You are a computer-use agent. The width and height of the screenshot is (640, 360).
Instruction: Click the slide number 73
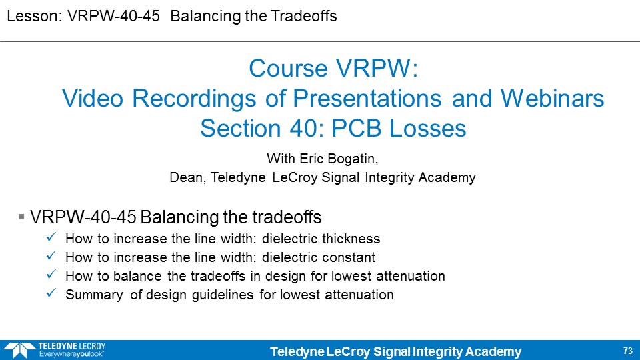click(x=628, y=351)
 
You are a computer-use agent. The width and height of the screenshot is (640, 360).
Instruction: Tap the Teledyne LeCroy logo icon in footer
click(x=19, y=351)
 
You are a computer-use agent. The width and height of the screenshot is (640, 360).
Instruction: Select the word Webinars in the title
click(x=552, y=99)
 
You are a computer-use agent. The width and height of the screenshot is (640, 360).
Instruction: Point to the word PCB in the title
click(x=356, y=128)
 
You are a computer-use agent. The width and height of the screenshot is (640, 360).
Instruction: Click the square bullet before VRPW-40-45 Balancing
click(x=21, y=217)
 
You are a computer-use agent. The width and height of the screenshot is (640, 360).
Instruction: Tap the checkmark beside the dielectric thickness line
click(x=51, y=237)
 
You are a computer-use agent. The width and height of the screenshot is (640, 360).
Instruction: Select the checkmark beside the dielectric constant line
click(x=51, y=256)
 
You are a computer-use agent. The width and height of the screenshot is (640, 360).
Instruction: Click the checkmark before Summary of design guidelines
click(x=51, y=293)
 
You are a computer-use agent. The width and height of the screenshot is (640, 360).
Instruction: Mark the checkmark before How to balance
click(x=51, y=275)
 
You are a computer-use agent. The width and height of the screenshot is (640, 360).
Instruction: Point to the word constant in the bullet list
click(x=347, y=257)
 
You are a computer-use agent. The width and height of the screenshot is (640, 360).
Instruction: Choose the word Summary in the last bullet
click(x=94, y=295)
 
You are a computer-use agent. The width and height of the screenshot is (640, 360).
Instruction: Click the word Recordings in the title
click(x=194, y=99)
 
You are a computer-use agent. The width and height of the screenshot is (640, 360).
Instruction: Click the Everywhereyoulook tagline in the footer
click(x=71, y=354)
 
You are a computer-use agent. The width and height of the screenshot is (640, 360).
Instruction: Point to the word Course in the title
click(x=289, y=68)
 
